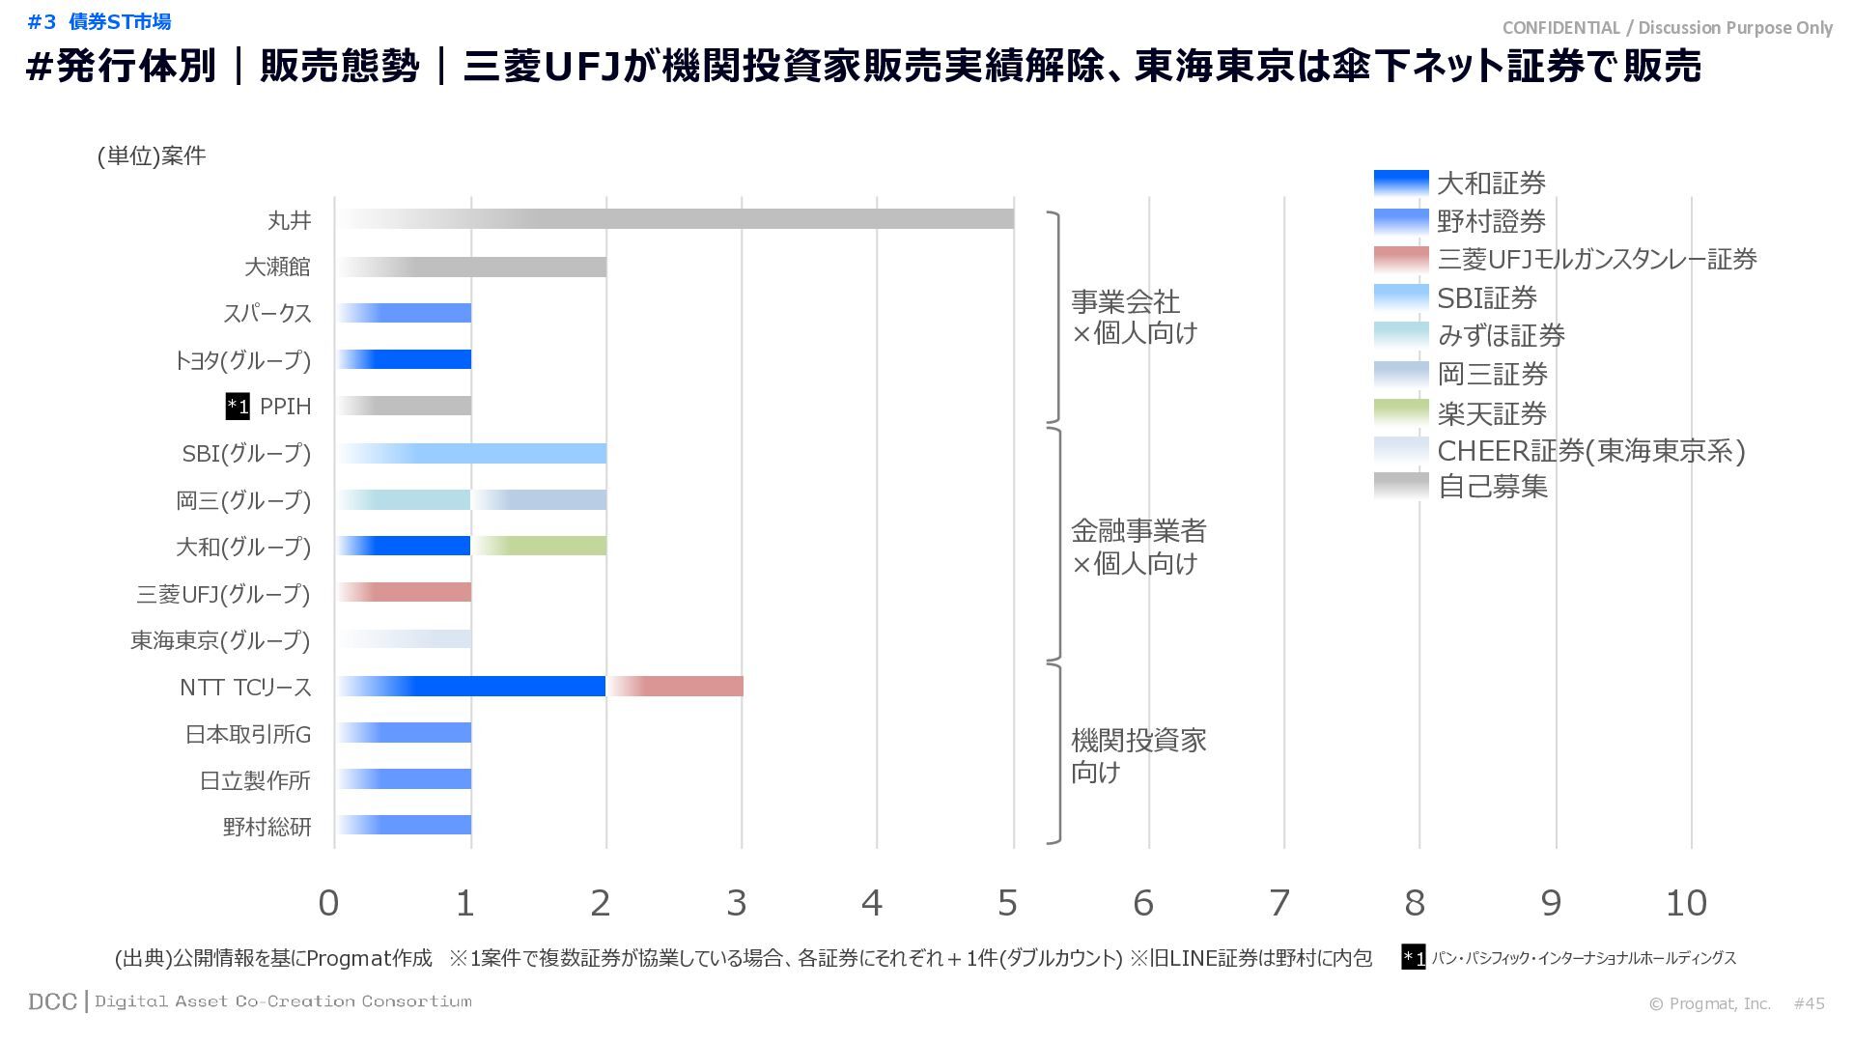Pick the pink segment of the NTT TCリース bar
pos(675,687)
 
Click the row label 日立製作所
pos(255,780)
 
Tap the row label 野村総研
pos(267,827)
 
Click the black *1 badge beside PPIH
pos(238,407)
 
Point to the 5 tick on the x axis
pos(1007,903)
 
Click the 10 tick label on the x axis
pos(1686,903)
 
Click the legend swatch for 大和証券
pos(1400,183)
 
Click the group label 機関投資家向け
pos(1138,756)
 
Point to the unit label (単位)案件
pos(152,156)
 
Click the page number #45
pos(1809,1003)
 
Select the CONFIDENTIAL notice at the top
pos(1667,28)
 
